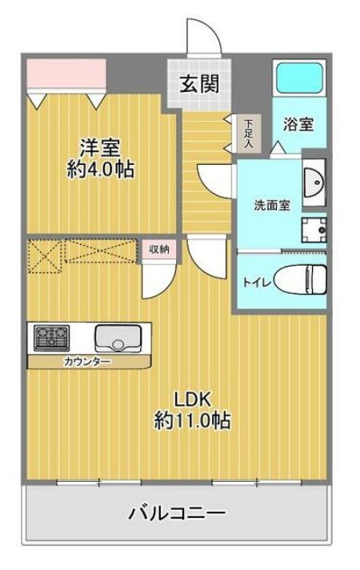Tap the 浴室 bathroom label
[x=298, y=125]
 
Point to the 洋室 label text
[x=100, y=148]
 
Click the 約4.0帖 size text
[x=100, y=170]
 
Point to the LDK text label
[x=192, y=399]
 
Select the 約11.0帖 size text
[x=192, y=420]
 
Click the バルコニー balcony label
[x=178, y=512]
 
